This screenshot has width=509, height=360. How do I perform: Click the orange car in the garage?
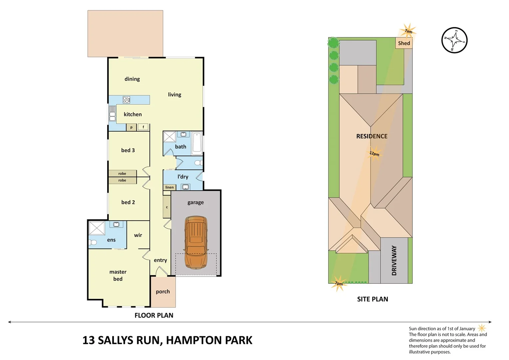coord(196,242)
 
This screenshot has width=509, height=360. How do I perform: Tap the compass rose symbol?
coord(454,40)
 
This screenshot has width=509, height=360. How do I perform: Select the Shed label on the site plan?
coord(404,43)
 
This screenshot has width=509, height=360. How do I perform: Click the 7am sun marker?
coord(408,31)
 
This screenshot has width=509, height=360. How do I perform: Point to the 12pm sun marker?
coord(374,154)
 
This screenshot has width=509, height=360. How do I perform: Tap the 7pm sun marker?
coord(339,283)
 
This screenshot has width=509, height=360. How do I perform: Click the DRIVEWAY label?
coord(394,260)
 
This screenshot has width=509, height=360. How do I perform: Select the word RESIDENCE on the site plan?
coord(372,136)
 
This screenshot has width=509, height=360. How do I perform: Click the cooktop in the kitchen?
coord(126,100)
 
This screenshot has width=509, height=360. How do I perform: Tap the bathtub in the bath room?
coord(197,143)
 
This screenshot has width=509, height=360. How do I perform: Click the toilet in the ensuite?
coord(93,242)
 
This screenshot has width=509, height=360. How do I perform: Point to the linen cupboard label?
coord(169,187)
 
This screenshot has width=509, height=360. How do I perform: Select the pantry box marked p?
coord(131,127)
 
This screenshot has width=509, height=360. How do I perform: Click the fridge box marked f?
coord(143,127)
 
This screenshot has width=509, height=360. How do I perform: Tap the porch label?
coord(163,292)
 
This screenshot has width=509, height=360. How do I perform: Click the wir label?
coord(138,235)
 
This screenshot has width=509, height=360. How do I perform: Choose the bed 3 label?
coord(128,150)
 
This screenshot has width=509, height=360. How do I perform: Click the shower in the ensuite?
coord(97,228)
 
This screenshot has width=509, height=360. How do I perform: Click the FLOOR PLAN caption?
coord(154,315)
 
